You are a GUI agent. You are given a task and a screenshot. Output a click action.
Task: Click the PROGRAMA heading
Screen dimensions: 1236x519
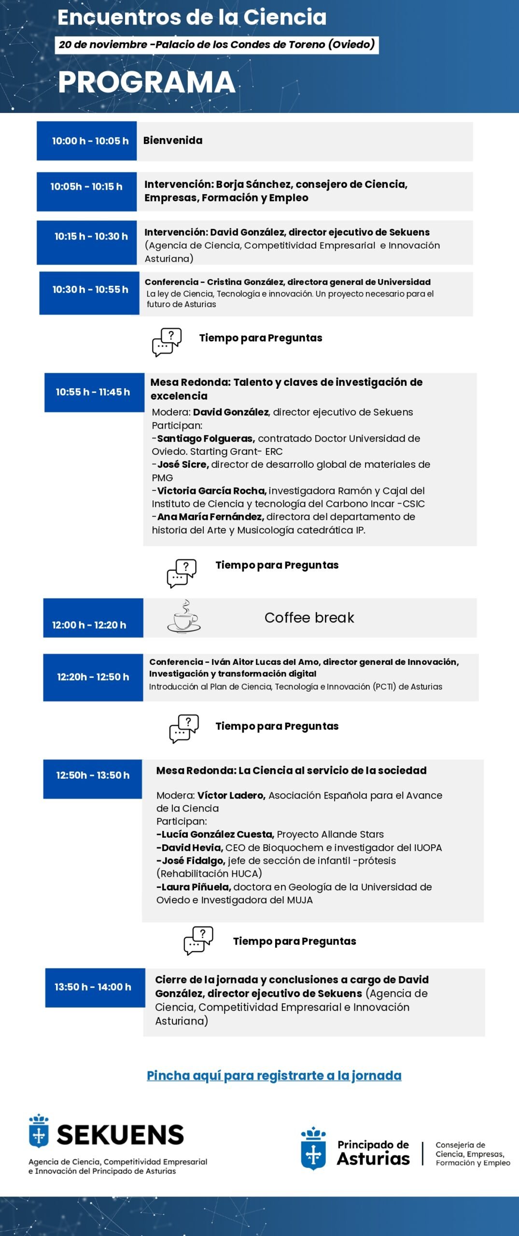(146, 83)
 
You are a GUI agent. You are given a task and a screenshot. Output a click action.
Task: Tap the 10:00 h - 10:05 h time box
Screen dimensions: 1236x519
(87, 141)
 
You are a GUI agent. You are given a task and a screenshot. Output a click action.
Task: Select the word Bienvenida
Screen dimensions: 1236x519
(172, 140)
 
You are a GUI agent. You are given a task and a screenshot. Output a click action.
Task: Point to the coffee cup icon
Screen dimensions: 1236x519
(183, 618)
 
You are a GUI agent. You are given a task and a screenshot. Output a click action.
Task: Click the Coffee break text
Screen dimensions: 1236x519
(309, 618)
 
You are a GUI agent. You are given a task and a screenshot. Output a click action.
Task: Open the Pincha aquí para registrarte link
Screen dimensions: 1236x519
(274, 1076)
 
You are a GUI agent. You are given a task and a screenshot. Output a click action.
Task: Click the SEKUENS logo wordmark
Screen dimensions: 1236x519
(120, 1135)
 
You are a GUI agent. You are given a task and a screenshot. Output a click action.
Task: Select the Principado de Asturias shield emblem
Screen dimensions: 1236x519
(313, 1149)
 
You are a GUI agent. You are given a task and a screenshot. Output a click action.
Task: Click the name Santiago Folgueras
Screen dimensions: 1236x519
(206, 438)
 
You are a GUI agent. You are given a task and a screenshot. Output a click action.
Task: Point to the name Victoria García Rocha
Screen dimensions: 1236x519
(211, 491)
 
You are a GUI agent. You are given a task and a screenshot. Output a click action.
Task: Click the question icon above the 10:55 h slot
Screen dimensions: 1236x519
(167, 342)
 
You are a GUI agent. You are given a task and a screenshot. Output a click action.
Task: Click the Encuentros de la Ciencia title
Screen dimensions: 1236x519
(192, 17)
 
